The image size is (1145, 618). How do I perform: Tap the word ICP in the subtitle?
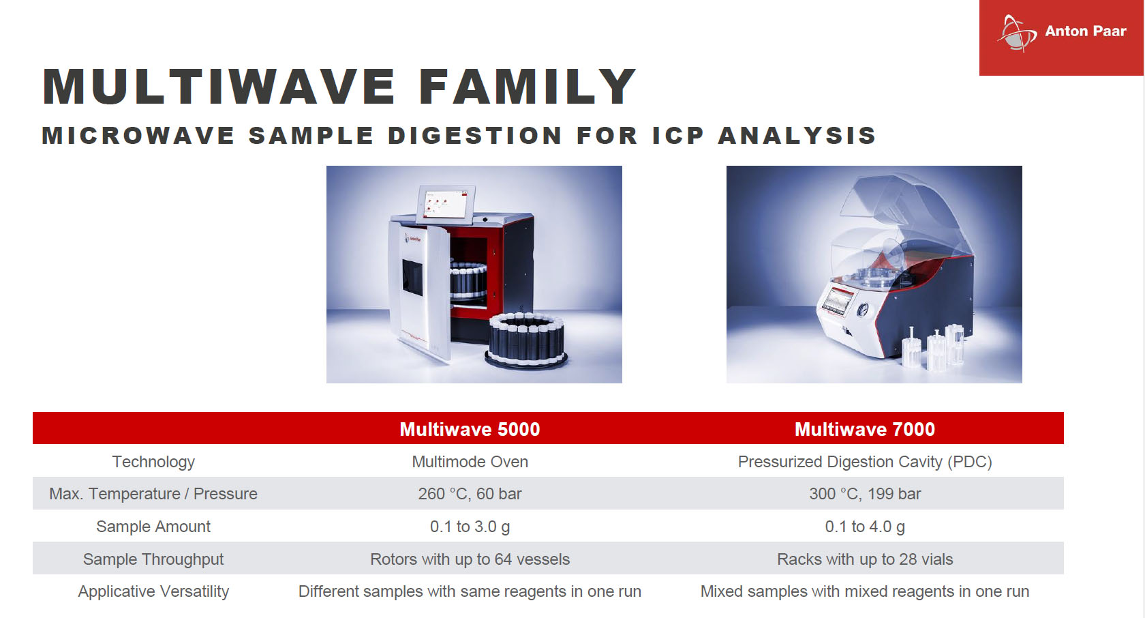pyautogui.click(x=678, y=136)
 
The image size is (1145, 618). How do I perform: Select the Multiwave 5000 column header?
pyautogui.click(x=470, y=429)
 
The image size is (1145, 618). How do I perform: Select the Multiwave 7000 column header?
pyautogui.click(x=864, y=429)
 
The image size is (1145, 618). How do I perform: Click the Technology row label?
pyautogui.click(x=153, y=462)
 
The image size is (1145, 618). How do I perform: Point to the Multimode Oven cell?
pyautogui.click(x=470, y=462)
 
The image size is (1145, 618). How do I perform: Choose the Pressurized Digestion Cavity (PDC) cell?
pyautogui.click(x=864, y=462)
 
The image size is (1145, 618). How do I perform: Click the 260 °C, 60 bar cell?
pyautogui.click(x=470, y=494)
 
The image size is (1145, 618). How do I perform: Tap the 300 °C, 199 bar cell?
pyautogui.click(x=864, y=494)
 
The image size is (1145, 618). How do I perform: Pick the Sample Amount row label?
pyautogui.click(x=153, y=527)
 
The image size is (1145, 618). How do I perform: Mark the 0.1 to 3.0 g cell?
pyautogui.click(x=470, y=527)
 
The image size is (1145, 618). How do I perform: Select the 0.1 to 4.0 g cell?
pyautogui.click(x=864, y=527)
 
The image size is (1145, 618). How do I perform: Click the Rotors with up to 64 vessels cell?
pyautogui.click(x=470, y=559)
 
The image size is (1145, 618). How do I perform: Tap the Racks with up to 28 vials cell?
pyautogui.click(x=864, y=559)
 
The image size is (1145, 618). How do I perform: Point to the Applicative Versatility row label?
pyautogui.click(x=153, y=591)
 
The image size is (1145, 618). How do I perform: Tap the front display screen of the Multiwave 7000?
pyautogui.click(x=837, y=300)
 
